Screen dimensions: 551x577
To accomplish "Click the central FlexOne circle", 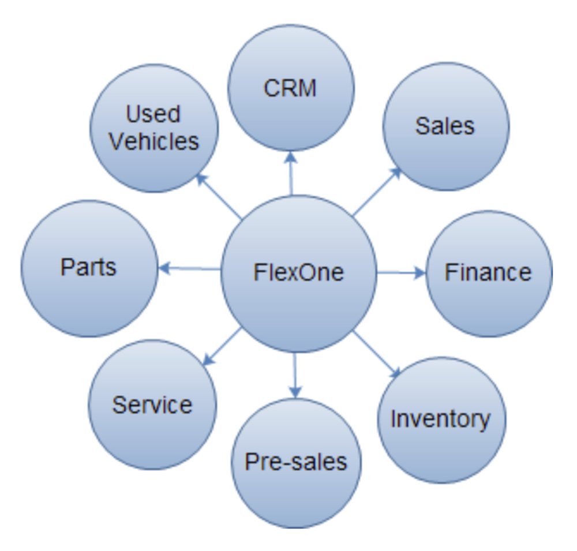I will tap(298, 300).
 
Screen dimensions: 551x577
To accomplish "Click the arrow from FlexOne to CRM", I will tap(291, 173).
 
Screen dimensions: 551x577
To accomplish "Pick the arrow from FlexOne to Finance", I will tap(400, 273).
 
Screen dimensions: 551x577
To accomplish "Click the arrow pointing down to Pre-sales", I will tap(295, 375).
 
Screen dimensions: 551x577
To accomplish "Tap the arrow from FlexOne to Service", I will tap(223, 346).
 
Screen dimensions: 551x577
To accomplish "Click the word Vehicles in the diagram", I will tap(154, 141).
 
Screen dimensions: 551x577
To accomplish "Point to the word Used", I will tap(153, 114).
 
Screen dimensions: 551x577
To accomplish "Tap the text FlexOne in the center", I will tap(298, 272).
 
